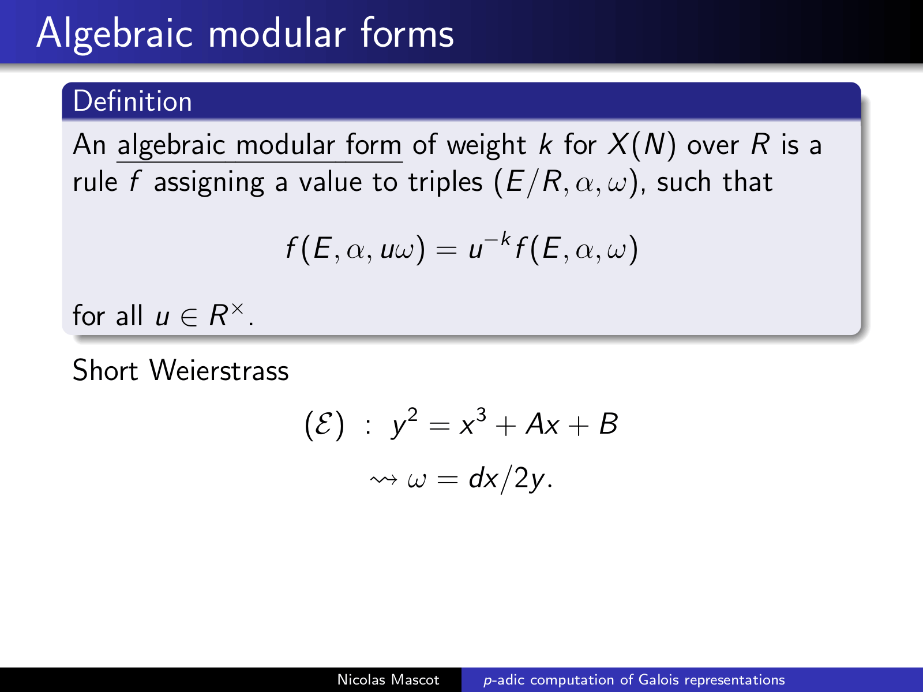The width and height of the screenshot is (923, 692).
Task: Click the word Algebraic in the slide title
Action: (x=114, y=35)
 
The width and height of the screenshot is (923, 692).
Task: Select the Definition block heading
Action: (x=133, y=101)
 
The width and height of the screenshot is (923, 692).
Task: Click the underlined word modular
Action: (x=285, y=145)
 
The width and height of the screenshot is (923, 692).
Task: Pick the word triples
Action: (x=445, y=183)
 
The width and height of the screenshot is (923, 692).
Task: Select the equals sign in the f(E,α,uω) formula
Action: (x=447, y=250)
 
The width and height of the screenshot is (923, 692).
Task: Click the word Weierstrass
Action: (x=219, y=370)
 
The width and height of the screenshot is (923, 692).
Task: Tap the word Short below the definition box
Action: (x=105, y=370)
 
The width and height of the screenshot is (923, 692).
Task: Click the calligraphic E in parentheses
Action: (x=324, y=425)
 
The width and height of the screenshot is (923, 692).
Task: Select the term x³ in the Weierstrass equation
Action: (x=472, y=422)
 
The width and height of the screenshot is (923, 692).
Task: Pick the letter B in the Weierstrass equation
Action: (x=609, y=424)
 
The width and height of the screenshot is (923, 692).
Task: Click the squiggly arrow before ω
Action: (x=383, y=479)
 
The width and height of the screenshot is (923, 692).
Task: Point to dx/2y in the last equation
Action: (x=506, y=479)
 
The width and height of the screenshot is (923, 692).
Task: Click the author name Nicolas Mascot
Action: (x=388, y=680)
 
